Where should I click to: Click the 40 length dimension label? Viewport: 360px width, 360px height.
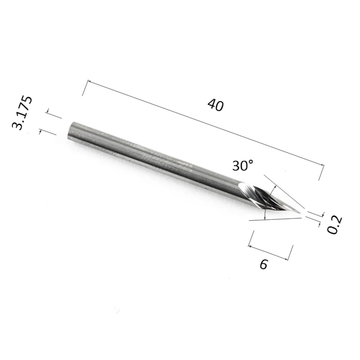tap(215, 105)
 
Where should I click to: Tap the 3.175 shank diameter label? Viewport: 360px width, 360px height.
tap(22, 113)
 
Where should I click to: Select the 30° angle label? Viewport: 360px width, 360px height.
tap(243, 165)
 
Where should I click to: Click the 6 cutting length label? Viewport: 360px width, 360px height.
tap(264, 264)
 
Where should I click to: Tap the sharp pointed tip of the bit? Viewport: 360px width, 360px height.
tap(300, 213)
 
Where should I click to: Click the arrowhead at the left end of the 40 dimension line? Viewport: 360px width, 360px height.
tap(90, 81)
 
